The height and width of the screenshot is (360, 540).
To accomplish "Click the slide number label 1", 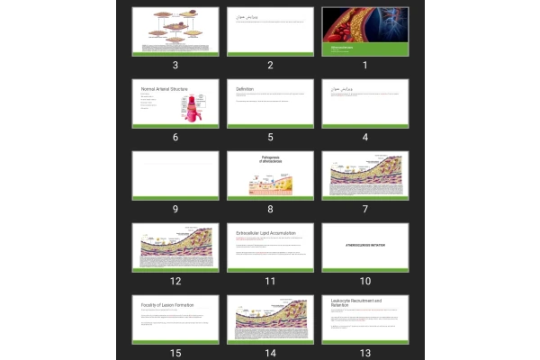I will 364,66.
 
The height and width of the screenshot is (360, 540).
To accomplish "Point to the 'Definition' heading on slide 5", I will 245,89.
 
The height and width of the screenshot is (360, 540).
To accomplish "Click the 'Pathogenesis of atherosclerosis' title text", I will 271,160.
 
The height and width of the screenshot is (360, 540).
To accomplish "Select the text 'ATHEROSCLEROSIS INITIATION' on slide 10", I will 365,244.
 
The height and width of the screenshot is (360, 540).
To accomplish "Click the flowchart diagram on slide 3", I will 175,27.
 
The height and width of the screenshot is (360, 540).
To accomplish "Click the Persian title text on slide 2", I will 246,17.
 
